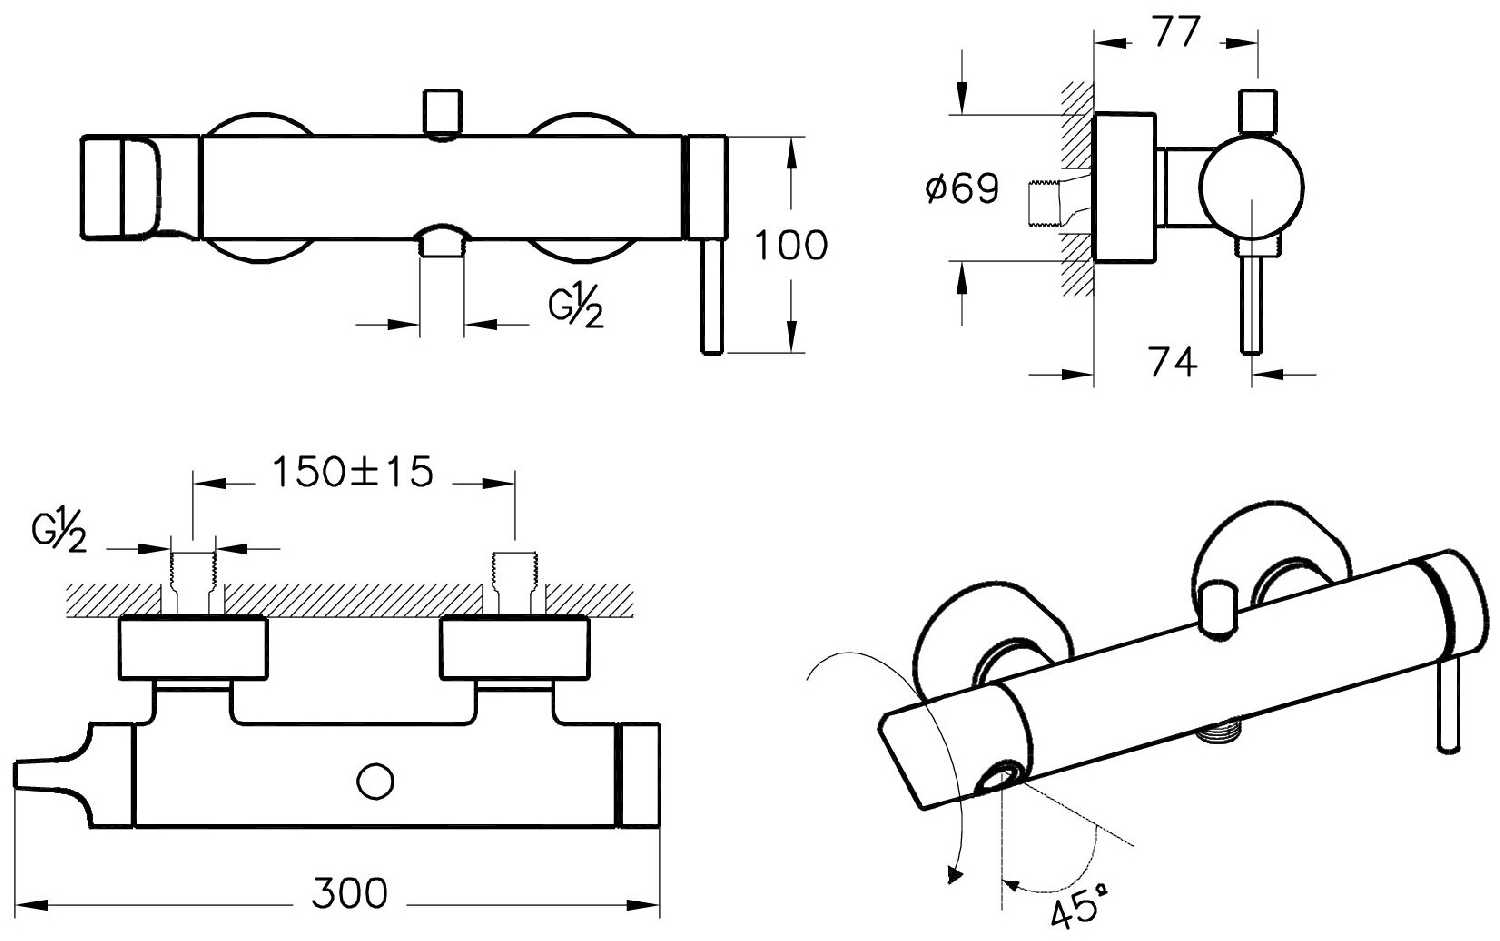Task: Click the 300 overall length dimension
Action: click(x=349, y=893)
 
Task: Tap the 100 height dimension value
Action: click(x=791, y=245)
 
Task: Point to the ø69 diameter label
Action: click(x=962, y=188)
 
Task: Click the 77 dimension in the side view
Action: click(x=1175, y=32)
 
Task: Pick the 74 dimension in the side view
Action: click(x=1172, y=361)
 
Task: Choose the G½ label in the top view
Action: click(x=58, y=535)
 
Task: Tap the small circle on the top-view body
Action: click(x=376, y=781)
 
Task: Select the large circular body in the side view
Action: click(x=1252, y=189)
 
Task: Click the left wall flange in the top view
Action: click(x=193, y=647)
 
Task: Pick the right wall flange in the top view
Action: click(x=515, y=647)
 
